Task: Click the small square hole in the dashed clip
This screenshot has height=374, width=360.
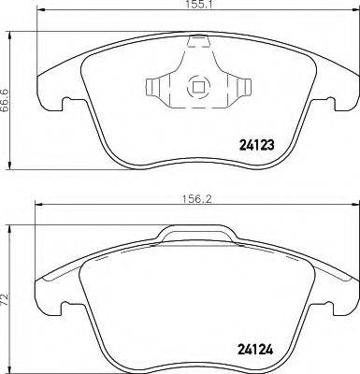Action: [196, 90]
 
